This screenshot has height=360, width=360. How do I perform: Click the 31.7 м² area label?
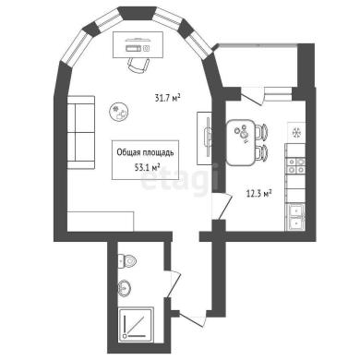click(167, 98)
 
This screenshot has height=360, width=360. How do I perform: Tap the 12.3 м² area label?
click(258, 194)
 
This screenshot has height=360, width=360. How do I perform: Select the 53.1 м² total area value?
click(147, 167)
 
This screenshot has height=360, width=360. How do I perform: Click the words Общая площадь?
click(145, 152)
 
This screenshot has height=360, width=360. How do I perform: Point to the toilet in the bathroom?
click(127, 261)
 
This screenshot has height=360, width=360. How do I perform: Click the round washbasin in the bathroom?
click(125, 288)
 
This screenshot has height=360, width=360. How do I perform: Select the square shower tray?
click(136, 324)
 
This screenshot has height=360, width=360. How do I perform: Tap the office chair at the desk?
click(138, 65)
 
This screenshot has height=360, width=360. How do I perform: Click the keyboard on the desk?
click(134, 48)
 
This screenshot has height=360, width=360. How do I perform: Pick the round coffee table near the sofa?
click(119, 112)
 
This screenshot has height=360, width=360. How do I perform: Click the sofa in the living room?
click(81, 133)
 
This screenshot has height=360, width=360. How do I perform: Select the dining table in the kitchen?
click(240, 142)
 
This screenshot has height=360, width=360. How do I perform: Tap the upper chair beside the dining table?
click(261, 132)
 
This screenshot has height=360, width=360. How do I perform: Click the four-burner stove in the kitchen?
click(295, 165)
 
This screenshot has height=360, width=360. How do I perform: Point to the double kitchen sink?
click(295, 217)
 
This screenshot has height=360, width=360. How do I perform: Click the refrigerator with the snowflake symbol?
click(296, 132)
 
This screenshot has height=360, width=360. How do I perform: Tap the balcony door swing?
click(252, 96)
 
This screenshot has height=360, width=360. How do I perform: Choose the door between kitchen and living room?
click(222, 207)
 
